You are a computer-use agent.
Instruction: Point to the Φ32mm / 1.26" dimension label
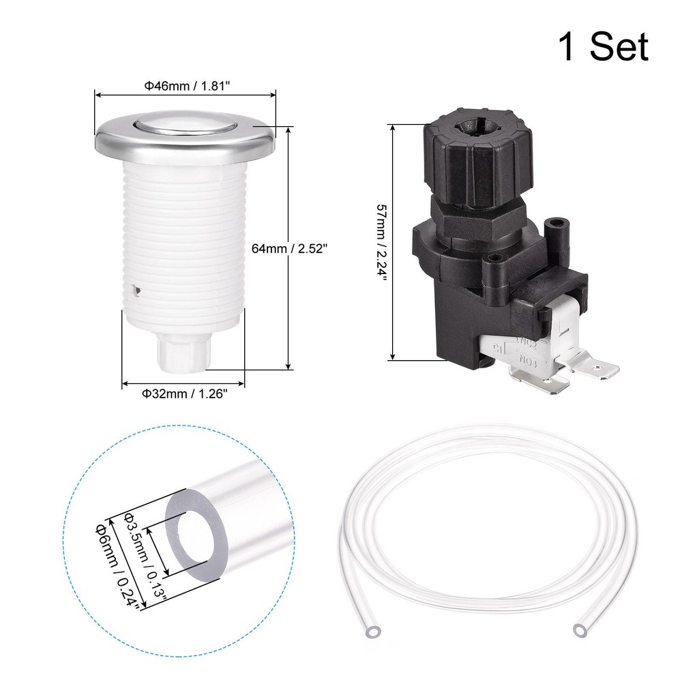point(183,393)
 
